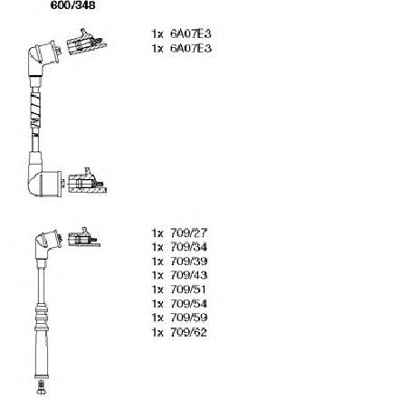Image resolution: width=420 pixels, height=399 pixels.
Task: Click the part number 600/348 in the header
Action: (72, 5)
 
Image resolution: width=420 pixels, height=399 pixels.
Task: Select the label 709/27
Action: (188, 233)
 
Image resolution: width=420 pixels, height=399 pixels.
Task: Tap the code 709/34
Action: (188, 247)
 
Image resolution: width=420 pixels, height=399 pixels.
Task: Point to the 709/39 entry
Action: (188, 261)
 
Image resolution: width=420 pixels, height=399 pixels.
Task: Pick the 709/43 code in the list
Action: (188, 275)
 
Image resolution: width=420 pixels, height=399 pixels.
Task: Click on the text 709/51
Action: (188, 290)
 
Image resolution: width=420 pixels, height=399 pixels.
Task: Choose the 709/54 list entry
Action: (188, 304)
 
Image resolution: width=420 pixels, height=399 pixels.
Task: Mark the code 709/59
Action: (188, 318)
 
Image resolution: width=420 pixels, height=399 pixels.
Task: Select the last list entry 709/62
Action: (188, 332)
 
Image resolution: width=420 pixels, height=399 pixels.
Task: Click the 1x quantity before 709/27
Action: (157, 233)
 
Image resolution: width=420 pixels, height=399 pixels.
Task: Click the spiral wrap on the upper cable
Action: (35, 109)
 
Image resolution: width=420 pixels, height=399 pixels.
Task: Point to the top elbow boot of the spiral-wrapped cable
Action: (43, 59)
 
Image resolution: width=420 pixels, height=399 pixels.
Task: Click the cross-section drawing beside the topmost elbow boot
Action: (86, 43)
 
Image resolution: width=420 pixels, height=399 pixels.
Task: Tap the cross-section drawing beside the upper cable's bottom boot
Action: (87, 182)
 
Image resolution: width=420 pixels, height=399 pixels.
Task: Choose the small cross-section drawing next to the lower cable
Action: (83, 238)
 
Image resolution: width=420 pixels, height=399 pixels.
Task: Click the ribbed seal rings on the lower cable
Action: (42, 316)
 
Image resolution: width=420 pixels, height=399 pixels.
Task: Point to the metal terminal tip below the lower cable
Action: (42, 387)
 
